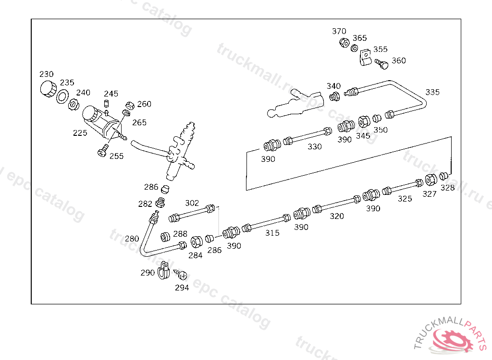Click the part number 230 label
(47, 74)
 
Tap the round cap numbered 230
(48, 89)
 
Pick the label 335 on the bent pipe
(432, 92)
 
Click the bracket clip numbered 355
(366, 59)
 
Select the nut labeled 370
(344, 43)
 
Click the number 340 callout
(333, 86)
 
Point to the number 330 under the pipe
(315, 147)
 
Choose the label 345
(363, 136)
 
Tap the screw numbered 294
(182, 276)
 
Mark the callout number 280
(132, 239)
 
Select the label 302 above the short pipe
(192, 203)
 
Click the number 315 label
(272, 233)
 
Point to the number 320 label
(337, 216)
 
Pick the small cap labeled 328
(444, 176)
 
